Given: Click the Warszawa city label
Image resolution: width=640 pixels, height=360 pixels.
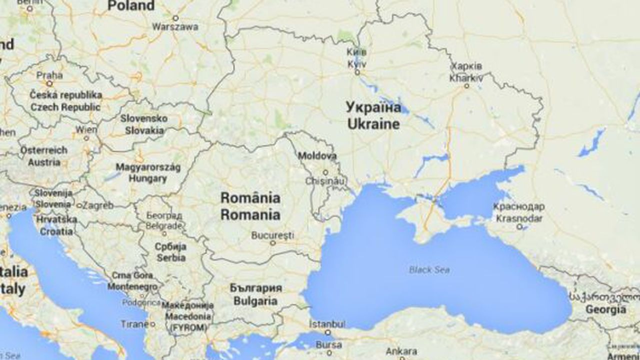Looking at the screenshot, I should [175, 27].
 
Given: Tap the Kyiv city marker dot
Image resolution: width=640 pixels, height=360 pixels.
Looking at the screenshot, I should [357, 72].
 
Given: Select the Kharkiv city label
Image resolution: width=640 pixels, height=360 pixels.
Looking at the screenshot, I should [466, 72].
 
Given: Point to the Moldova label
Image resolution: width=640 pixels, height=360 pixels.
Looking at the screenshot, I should [317, 156].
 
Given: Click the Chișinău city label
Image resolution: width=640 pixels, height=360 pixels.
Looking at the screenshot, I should [325, 180].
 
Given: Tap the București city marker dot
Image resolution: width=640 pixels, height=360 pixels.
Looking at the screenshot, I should [273, 243].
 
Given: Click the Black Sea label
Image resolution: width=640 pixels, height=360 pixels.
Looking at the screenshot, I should [429, 270].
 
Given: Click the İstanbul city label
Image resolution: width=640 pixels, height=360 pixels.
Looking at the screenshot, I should [327, 323].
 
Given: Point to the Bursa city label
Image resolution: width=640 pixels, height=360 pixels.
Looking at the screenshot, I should [328, 344].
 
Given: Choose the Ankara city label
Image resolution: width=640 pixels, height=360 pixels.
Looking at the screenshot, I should [401, 350].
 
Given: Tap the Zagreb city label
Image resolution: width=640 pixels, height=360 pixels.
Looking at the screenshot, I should [98, 205].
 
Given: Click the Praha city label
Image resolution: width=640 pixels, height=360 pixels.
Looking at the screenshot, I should [50, 75].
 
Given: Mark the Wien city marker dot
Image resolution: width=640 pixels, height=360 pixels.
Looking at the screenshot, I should [86, 137].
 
